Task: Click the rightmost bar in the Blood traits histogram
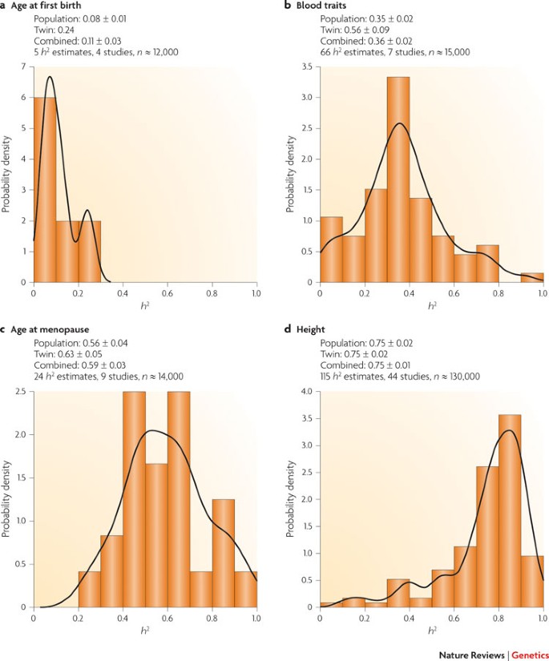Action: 531,278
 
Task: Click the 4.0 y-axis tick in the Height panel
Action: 305,391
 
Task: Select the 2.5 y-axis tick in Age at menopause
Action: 21,391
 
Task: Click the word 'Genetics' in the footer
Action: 527,654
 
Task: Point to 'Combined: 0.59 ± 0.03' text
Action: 86,365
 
